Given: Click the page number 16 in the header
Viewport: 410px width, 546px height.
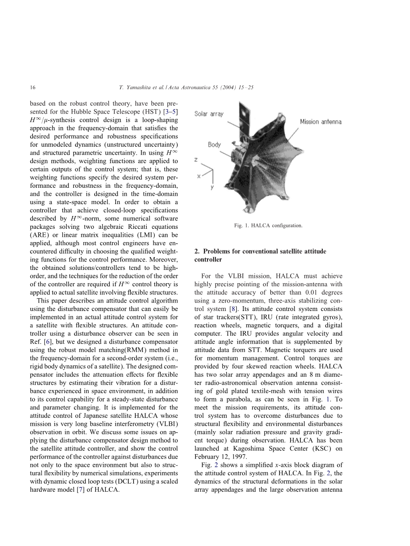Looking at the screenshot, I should tap(33, 87).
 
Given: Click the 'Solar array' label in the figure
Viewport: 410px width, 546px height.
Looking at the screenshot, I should tap(209, 114).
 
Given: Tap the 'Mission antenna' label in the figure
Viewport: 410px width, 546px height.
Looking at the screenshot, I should tap(321, 121).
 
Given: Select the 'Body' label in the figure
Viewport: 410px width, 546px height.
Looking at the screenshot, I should tap(214, 144).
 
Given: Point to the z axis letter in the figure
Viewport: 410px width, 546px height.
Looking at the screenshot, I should tap(196, 159).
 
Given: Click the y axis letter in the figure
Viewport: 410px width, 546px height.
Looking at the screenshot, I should tap(212, 188).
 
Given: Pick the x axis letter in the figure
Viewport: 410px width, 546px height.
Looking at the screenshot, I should tap(199, 175).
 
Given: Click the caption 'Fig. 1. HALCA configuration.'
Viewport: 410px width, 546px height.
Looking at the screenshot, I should tap(268, 226).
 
